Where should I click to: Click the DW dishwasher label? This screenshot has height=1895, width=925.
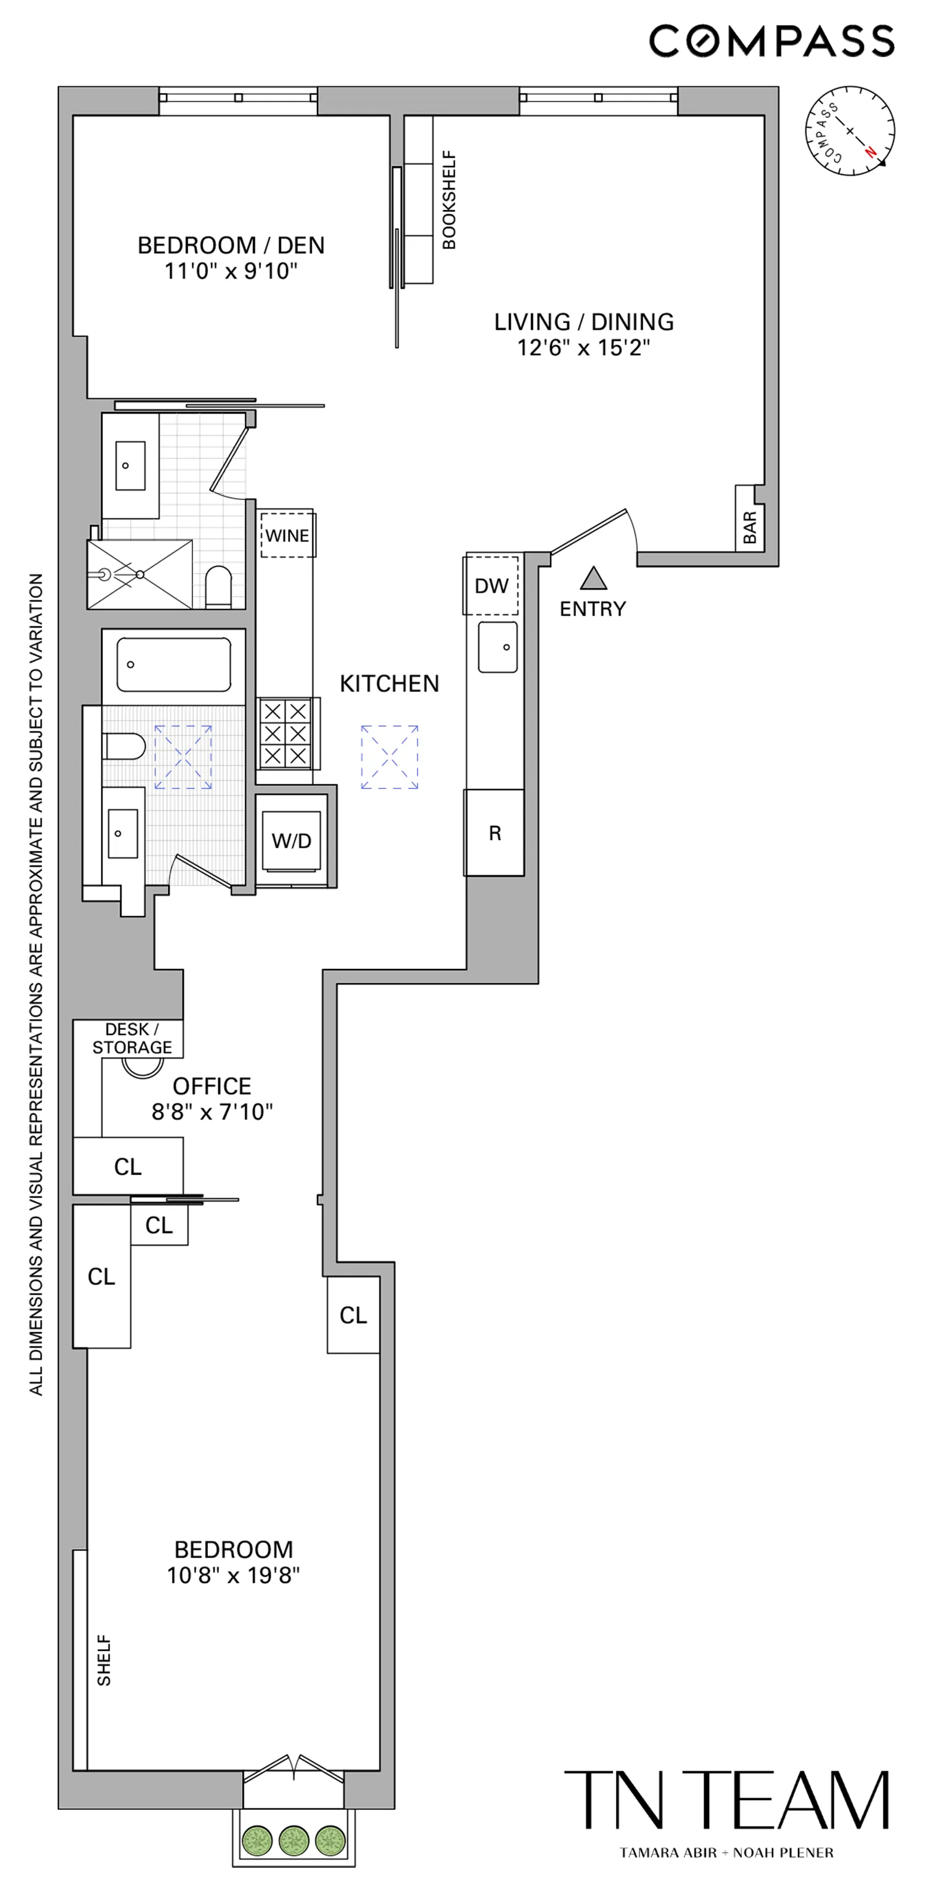point(491,586)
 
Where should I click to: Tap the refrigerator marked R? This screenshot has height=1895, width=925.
point(495,833)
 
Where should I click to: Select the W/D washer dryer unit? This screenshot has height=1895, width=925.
point(292,841)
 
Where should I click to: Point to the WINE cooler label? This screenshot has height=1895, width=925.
point(287,536)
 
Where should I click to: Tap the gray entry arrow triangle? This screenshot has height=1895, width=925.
point(593,579)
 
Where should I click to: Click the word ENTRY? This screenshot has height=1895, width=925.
point(593,609)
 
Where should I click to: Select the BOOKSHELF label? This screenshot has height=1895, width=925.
point(449,200)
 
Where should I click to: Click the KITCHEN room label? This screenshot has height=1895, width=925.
point(389,684)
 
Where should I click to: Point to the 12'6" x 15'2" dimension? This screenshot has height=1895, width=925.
point(583,347)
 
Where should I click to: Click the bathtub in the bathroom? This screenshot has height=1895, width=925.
point(174,665)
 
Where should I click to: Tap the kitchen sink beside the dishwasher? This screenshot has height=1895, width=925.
point(498,647)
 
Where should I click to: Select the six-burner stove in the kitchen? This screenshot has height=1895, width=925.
point(286,734)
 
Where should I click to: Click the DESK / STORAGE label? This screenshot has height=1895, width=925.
point(132,1038)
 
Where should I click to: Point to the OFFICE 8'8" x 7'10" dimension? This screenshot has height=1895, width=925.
point(212,1111)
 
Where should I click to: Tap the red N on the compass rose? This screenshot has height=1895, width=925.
point(871,152)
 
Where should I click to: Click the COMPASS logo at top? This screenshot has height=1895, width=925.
point(771,41)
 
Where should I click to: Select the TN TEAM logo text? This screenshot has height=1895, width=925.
point(726,1799)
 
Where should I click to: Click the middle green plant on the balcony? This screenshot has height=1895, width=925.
point(294,1841)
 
